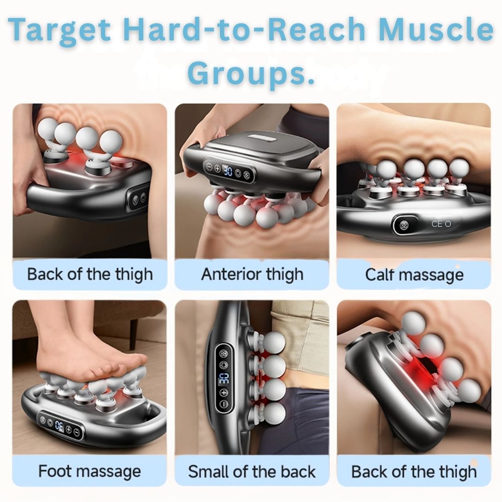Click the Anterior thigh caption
point(252,274)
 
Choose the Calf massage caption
point(414,274)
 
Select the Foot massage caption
point(89,471)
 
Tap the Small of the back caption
point(252,471)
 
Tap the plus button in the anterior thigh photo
point(217,168)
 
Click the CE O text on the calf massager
point(441,224)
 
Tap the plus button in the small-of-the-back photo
point(224,393)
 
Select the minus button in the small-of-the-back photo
point(224,404)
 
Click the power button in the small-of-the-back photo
point(223,364)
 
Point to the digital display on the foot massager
point(59,425)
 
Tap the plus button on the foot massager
point(68,429)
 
